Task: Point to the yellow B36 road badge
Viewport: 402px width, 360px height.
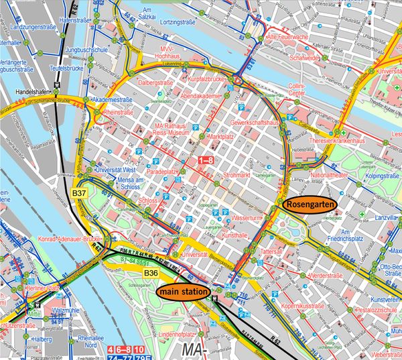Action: [151, 273]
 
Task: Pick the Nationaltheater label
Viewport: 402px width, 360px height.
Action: [330, 175]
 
